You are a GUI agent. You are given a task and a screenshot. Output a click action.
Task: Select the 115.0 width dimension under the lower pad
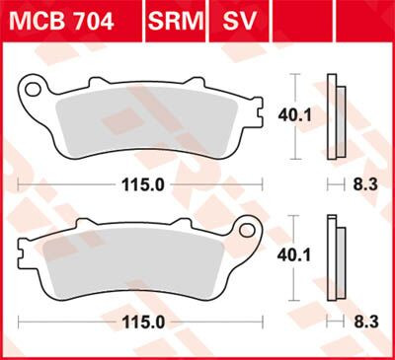(x=148, y=323)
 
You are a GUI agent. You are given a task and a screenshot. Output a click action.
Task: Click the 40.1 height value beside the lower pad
(x=315, y=253)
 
